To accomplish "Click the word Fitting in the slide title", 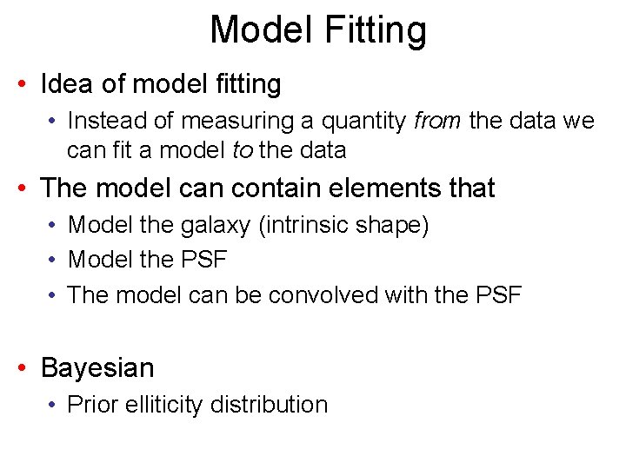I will tap(376, 30).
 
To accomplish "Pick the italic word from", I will tap(437, 121).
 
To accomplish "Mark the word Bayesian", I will tap(97, 367).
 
